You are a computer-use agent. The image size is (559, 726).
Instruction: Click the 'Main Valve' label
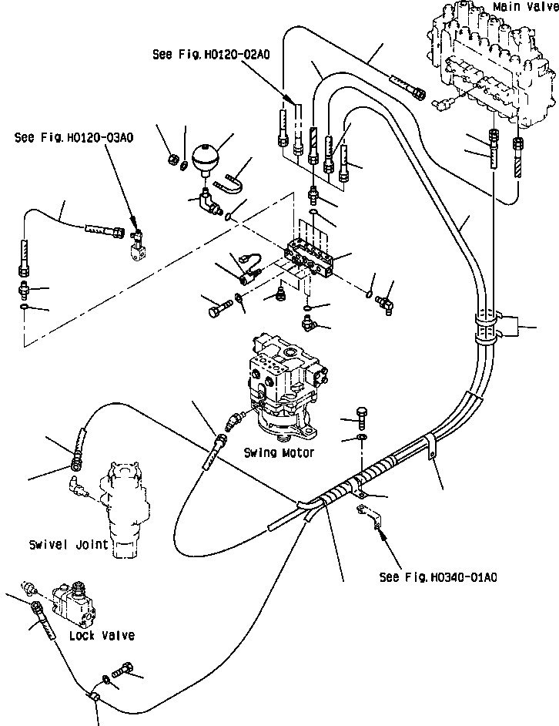click(526, 7)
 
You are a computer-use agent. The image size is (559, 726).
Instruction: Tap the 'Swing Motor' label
click(279, 452)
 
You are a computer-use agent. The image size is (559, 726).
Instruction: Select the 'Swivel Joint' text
click(69, 544)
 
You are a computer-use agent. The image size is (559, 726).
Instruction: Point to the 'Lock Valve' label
click(102, 635)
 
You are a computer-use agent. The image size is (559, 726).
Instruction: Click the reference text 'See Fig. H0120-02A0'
click(211, 55)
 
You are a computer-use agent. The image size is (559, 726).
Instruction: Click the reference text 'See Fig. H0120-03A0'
click(74, 137)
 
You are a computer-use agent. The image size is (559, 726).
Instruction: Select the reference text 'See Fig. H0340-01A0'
click(438, 577)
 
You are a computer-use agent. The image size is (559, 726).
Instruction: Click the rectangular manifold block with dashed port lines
click(310, 257)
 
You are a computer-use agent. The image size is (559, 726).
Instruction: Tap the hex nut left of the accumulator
click(171, 160)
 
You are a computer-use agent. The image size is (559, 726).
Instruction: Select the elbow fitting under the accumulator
click(208, 202)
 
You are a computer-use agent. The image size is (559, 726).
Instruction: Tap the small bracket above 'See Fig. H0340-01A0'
click(370, 516)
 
